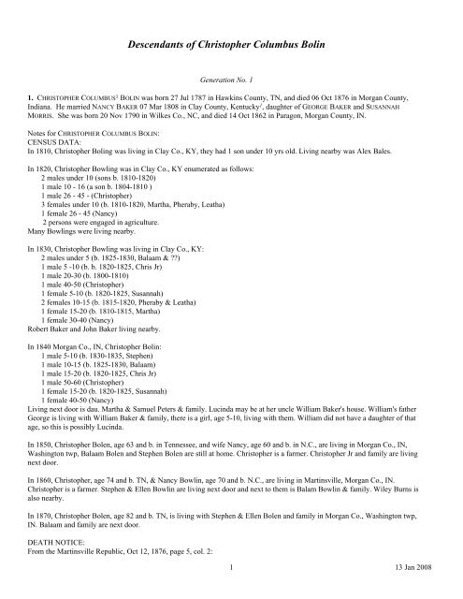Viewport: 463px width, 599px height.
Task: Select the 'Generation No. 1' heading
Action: (230, 82)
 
